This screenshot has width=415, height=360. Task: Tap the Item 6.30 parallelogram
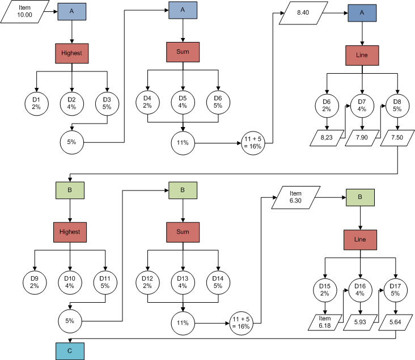(295, 198)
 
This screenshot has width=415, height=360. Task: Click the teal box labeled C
(70, 351)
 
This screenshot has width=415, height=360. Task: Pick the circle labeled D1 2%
(36, 103)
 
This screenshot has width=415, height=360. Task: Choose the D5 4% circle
(183, 103)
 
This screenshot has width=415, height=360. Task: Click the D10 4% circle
(70, 282)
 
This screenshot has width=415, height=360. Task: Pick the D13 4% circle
(183, 282)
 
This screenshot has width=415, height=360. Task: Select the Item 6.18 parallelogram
(324, 321)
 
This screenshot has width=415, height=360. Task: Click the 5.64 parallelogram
(395, 322)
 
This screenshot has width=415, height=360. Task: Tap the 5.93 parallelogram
(360, 322)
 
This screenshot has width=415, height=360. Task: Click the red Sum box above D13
(182, 231)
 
